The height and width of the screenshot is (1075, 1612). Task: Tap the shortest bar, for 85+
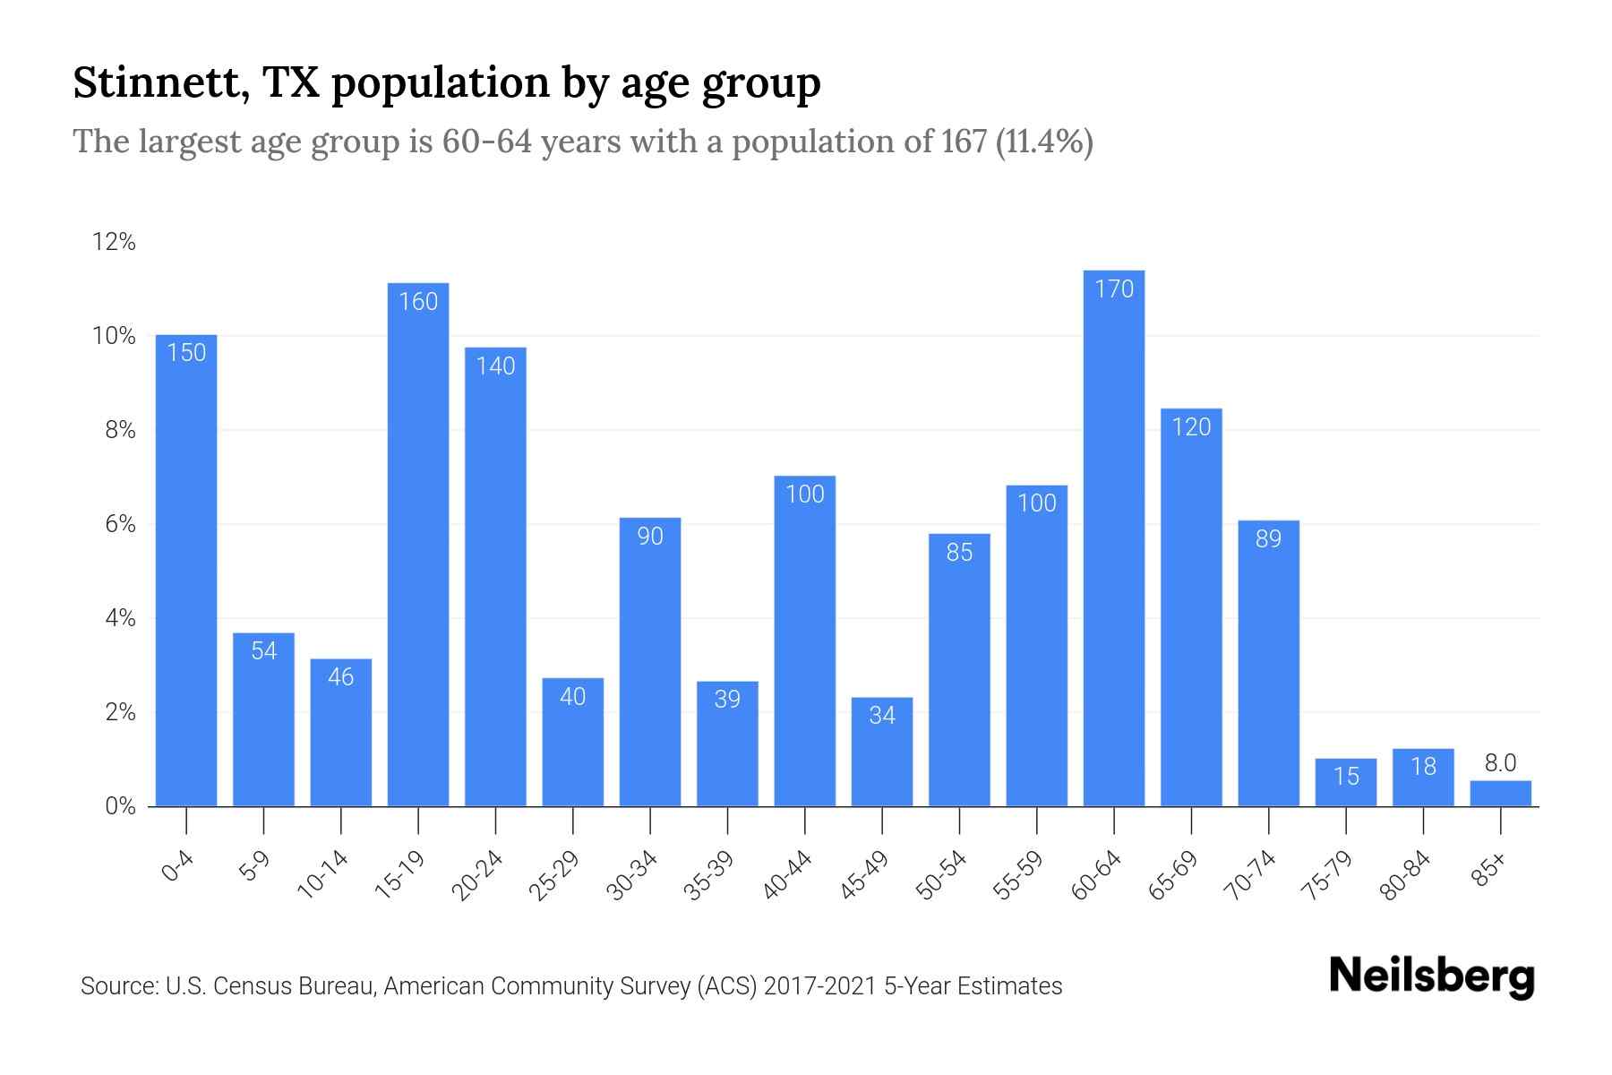click(1500, 794)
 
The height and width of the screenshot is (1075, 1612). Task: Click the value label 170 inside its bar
click(1114, 289)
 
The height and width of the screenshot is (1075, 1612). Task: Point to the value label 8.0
click(1500, 763)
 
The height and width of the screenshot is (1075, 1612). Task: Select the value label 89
click(1268, 539)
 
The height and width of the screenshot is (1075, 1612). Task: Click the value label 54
click(263, 651)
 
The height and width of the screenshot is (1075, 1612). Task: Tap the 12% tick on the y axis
click(114, 242)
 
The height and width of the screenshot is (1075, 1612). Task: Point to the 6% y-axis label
click(120, 524)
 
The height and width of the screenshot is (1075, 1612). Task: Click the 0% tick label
click(120, 806)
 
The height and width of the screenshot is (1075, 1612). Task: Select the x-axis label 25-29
click(554, 875)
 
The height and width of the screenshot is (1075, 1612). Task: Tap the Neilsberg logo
click(1431, 976)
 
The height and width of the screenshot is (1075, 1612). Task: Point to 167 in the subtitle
click(964, 142)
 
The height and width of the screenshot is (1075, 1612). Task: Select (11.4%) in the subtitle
click(1044, 142)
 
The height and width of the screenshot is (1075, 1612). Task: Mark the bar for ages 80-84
click(1423, 779)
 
